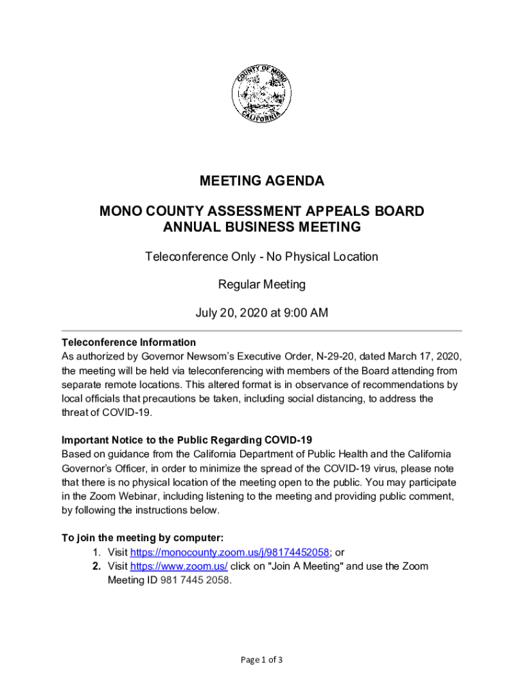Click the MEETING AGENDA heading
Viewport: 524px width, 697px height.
(262, 181)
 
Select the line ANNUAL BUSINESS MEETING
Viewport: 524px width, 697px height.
(262, 227)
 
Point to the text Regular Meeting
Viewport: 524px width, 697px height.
(262, 284)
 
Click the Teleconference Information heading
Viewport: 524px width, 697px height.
(129, 342)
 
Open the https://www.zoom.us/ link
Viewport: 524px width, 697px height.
(178, 566)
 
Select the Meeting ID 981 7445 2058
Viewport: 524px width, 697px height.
(195, 581)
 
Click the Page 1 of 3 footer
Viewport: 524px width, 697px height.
(262, 660)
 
